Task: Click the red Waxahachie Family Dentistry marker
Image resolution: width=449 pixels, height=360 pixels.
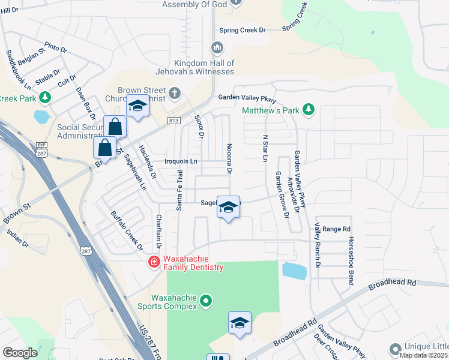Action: click(x=154, y=261)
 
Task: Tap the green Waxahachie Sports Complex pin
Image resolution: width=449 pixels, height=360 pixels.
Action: click(x=206, y=299)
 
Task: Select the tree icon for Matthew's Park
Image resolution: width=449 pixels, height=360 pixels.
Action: click(x=309, y=109)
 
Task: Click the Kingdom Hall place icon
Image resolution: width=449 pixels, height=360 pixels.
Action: click(x=217, y=47)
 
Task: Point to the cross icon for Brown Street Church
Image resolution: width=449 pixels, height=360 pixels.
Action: click(x=174, y=93)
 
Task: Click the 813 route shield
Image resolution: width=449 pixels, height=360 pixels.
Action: click(x=174, y=121)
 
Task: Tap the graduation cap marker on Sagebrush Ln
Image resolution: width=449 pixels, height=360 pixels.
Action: click(x=228, y=208)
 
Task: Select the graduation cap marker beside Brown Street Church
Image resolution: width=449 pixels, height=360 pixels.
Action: click(x=138, y=107)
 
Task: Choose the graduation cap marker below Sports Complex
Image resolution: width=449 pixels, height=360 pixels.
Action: click(x=240, y=323)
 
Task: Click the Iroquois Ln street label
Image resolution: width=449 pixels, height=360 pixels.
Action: click(x=181, y=161)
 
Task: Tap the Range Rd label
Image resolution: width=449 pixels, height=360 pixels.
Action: click(x=336, y=229)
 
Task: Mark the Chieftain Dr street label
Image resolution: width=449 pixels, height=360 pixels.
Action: click(x=159, y=232)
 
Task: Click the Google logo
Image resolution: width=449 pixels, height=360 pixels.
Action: click(x=20, y=353)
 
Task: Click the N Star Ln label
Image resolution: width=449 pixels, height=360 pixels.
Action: click(x=264, y=148)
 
